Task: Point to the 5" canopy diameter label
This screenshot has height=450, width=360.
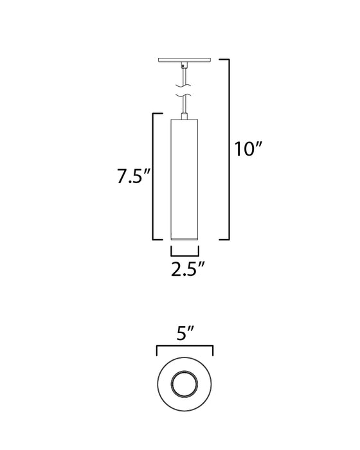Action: pyautogui.click(x=185, y=334)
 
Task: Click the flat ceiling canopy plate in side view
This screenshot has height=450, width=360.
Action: pyautogui.click(x=185, y=61)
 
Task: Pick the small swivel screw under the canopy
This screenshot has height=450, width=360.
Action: pyautogui.click(x=184, y=66)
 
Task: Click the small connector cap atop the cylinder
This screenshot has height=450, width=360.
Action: pyautogui.click(x=185, y=115)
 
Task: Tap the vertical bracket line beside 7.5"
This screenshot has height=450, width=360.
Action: pyautogui.click(x=152, y=176)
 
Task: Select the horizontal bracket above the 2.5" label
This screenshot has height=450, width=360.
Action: pyautogui.click(x=185, y=247)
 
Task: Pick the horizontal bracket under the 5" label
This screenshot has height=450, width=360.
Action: pyautogui.click(x=185, y=346)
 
